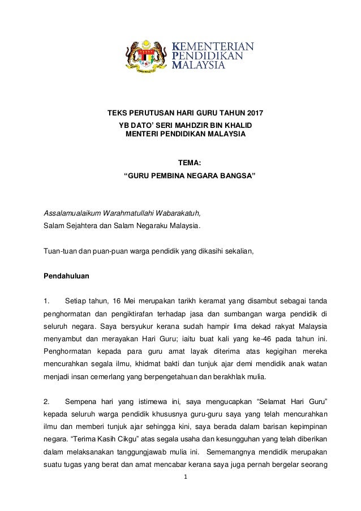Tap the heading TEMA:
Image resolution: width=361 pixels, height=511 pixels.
(x=189, y=164)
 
